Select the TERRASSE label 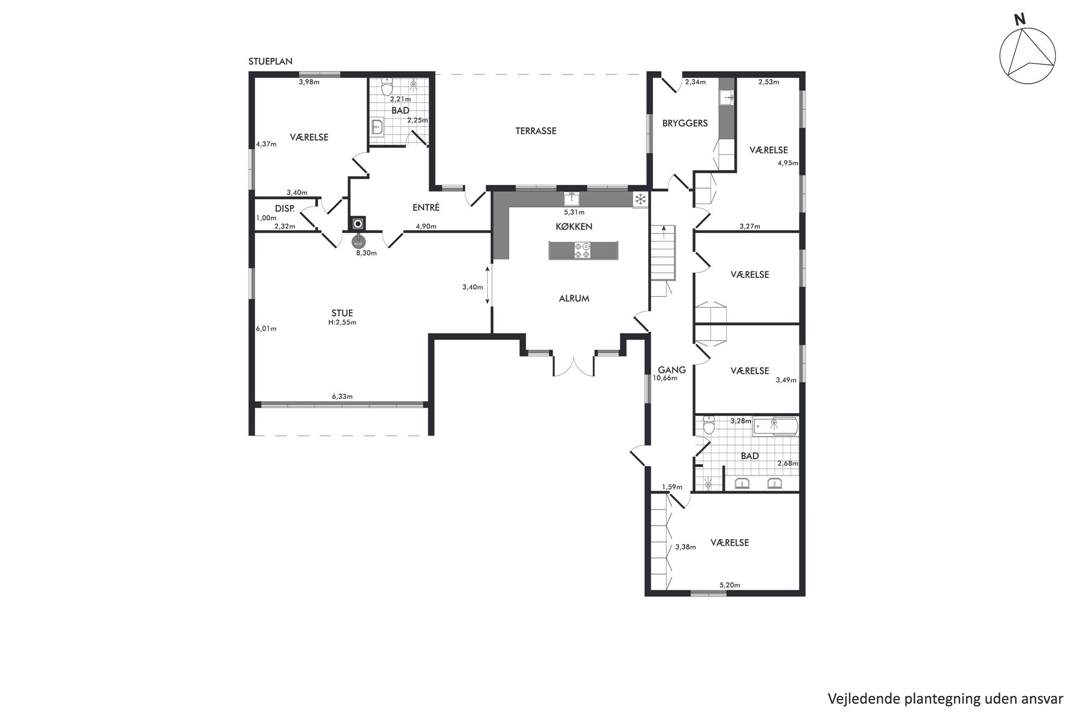(x=536, y=131)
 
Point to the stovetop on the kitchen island (x=583, y=250)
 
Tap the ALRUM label (x=574, y=299)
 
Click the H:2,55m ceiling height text (x=342, y=322)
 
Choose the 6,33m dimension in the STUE (x=342, y=396)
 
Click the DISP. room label (x=285, y=208)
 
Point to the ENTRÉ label (x=426, y=208)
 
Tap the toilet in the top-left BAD (x=387, y=86)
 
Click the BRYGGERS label (x=685, y=123)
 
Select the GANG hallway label (x=672, y=370)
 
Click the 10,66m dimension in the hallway (x=665, y=378)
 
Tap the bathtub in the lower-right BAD (x=776, y=426)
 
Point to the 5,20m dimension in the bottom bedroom (x=730, y=585)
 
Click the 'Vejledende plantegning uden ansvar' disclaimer (x=945, y=699)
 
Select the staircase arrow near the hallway (x=664, y=231)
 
